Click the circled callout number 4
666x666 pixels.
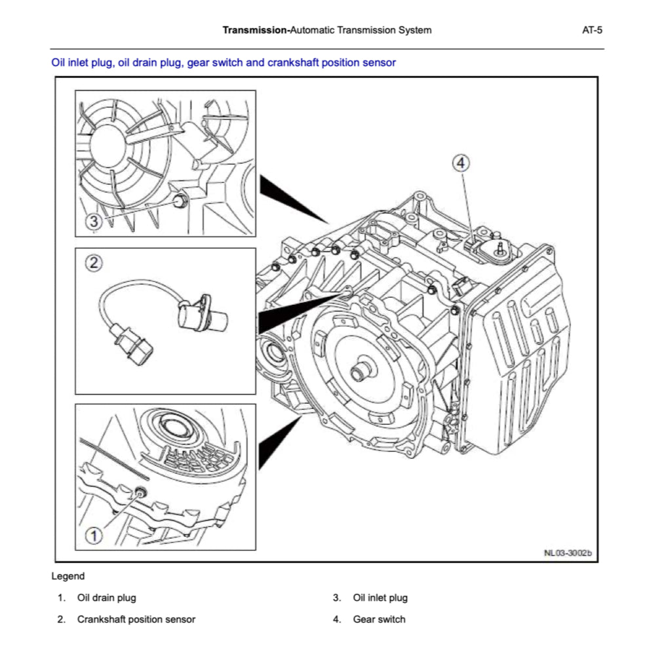[x=461, y=163]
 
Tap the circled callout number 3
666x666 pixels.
[x=94, y=222]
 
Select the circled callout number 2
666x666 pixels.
[x=94, y=264]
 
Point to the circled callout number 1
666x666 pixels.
[x=94, y=536]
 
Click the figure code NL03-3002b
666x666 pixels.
[x=567, y=553]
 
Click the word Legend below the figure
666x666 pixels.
[x=68, y=577]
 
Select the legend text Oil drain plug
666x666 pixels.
[x=106, y=598]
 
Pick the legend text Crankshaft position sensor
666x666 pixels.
[x=136, y=619]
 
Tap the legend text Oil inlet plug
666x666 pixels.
[x=380, y=598]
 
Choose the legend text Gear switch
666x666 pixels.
[x=379, y=619]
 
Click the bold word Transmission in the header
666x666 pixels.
[x=254, y=30]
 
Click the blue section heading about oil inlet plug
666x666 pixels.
[x=224, y=63]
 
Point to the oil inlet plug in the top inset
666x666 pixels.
[x=180, y=200]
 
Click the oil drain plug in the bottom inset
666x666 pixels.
[x=140, y=493]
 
